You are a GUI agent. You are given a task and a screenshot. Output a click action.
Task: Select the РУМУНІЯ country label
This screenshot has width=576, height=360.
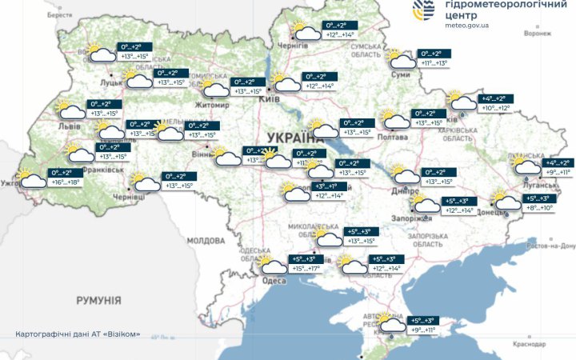pyautogui.click(x=98, y=300)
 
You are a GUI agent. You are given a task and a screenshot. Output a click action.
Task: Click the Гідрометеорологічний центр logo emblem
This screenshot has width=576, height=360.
pyautogui.click(x=424, y=11)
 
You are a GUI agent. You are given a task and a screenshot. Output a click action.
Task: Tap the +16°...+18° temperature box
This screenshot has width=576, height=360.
pyautogui.click(x=66, y=182)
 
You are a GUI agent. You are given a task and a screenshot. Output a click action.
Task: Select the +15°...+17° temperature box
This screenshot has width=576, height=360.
pyautogui.click(x=304, y=269)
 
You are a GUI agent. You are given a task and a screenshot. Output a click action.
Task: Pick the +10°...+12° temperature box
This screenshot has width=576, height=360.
pyautogui.click(x=495, y=108)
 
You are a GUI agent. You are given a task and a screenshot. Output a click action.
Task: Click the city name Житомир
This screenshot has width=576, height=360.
pyautogui.click(x=215, y=104)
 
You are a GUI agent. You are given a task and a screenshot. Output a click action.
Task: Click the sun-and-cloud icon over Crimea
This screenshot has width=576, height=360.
pyautogui.click(x=391, y=322)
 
